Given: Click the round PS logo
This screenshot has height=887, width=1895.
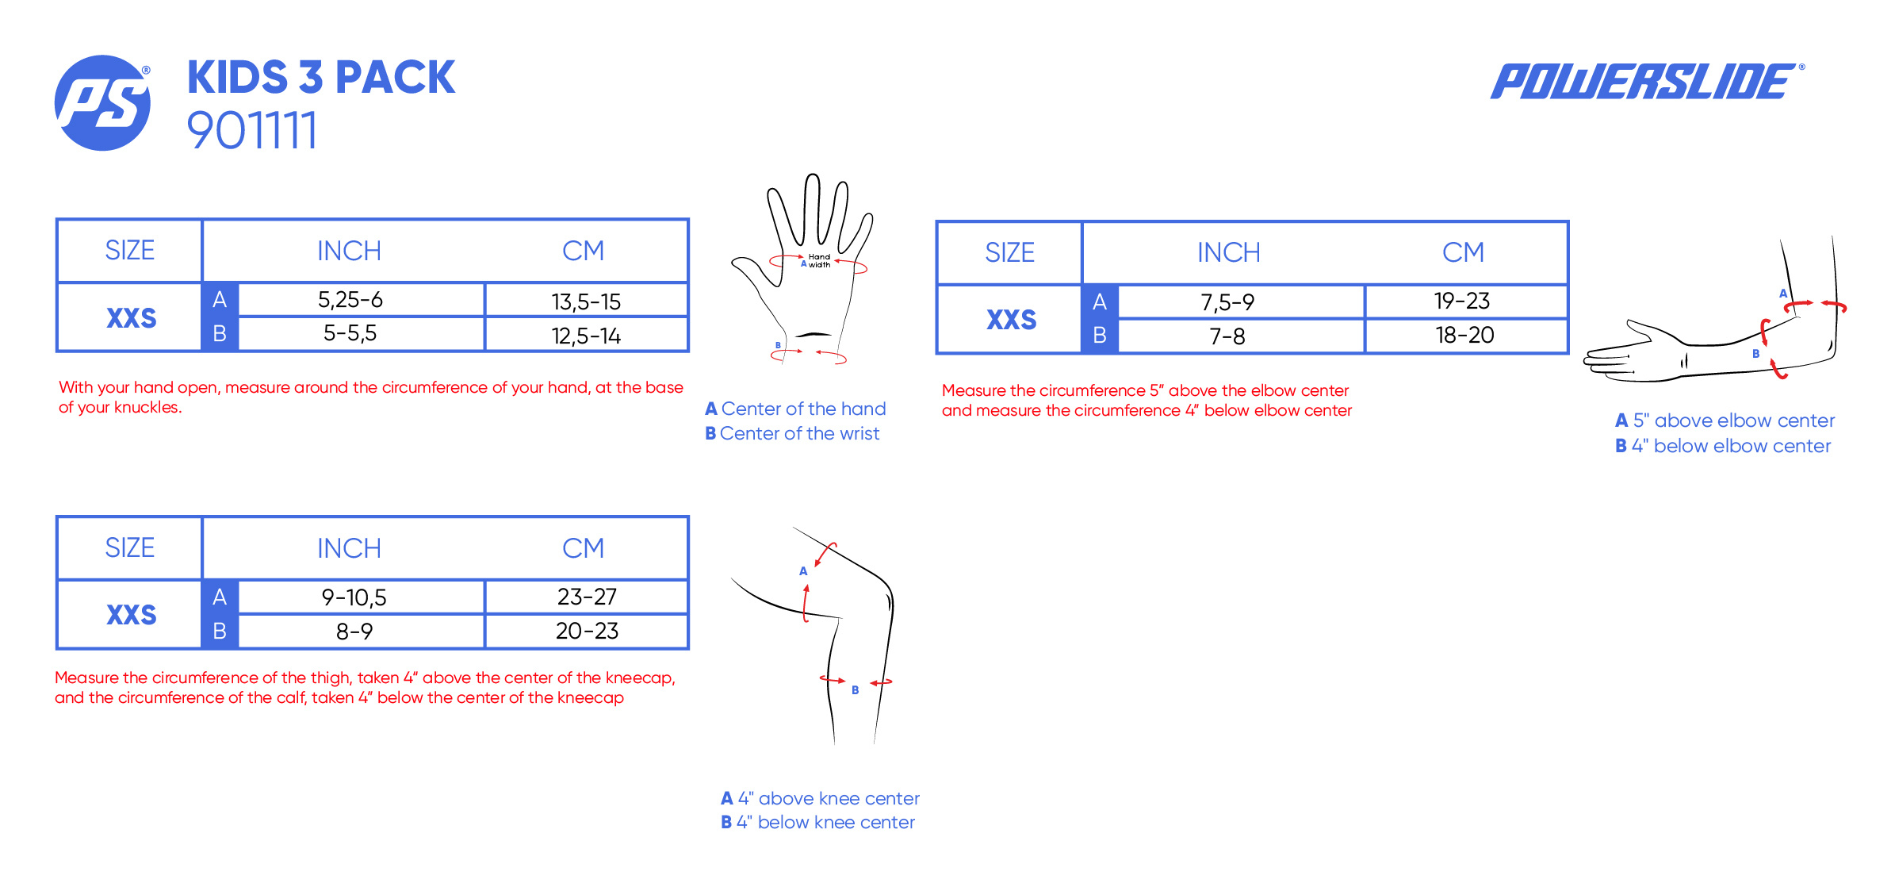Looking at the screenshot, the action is click(x=102, y=103).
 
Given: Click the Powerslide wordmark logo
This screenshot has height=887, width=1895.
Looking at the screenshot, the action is click(x=1647, y=81).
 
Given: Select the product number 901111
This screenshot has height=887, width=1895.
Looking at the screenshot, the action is click(x=252, y=131).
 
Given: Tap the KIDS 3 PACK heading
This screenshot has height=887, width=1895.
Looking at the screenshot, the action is click(x=321, y=78).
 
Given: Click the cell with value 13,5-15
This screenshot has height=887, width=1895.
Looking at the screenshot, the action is click(x=586, y=301).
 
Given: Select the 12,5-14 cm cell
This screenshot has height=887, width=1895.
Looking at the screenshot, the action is click(x=586, y=336).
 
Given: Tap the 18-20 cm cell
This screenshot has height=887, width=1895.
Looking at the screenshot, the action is click(x=1464, y=335).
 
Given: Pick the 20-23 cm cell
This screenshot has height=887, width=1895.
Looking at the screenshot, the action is click(x=587, y=631).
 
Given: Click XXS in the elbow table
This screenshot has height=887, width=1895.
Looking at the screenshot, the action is click(x=1011, y=320).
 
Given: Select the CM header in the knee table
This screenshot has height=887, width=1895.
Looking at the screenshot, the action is click(x=583, y=548).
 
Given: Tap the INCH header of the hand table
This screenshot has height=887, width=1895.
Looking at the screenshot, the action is click(x=349, y=251).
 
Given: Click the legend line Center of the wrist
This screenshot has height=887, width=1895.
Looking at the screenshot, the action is click(x=792, y=433).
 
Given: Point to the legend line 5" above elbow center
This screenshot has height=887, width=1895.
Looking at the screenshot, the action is click(x=1725, y=420).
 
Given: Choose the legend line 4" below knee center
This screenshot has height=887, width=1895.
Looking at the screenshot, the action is click(x=817, y=822).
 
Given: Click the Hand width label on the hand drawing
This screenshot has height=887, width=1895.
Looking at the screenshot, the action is click(x=819, y=261).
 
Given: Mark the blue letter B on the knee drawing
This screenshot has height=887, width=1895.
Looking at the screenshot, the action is click(x=855, y=690).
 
